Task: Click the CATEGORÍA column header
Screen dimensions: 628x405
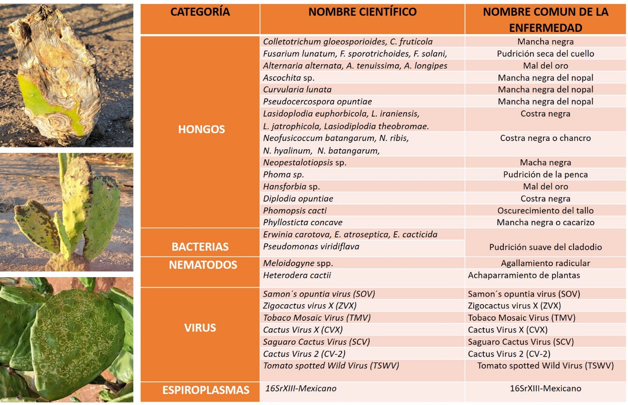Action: pyautogui.click(x=200, y=12)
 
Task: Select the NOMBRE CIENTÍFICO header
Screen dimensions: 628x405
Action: pyautogui.click(x=362, y=12)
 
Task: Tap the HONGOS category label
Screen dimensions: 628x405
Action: pyautogui.click(x=201, y=129)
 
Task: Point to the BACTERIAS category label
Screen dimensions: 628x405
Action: pyautogui.click(x=200, y=247)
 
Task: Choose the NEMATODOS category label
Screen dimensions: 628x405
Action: pyautogui.click(x=203, y=265)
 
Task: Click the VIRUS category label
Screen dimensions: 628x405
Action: pyautogui.click(x=200, y=328)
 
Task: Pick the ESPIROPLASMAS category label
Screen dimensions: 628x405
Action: pyautogui.click(x=206, y=390)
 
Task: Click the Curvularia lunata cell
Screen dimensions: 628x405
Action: pyautogui.click(x=297, y=89)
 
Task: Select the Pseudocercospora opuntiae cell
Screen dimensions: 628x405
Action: pyautogui.click(x=317, y=102)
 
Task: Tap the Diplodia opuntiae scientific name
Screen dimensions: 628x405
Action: pyautogui.click(x=298, y=199)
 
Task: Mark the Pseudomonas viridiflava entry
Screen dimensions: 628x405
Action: pyautogui.click(x=311, y=247)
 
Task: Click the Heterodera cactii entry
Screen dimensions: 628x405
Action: pyautogui.click(x=297, y=275)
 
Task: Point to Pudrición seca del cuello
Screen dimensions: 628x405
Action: pyautogui.click(x=545, y=54)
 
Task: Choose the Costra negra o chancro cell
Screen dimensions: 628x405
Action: pyautogui.click(x=545, y=138)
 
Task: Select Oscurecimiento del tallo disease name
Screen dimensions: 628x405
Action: pyautogui.click(x=545, y=211)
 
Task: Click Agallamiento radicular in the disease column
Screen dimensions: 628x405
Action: pyautogui.click(x=545, y=263)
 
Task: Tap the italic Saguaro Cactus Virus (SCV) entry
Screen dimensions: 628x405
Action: pyautogui.click(x=316, y=342)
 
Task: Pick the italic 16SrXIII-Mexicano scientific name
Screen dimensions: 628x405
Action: pyautogui.click(x=301, y=388)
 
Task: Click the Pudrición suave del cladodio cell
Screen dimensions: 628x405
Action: pyautogui.click(x=545, y=247)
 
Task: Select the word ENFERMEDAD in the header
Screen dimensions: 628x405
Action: pyautogui.click(x=545, y=28)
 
